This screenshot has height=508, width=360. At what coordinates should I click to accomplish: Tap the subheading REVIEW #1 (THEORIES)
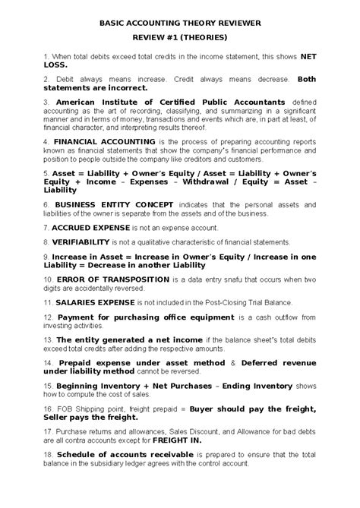(x=180, y=35)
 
